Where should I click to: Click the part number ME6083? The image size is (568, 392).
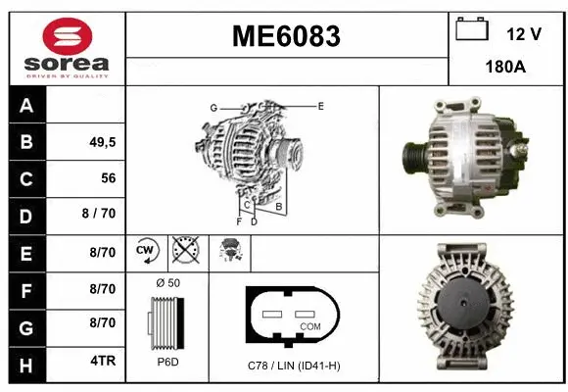click(286, 37)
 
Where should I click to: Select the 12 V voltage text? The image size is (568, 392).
click(524, 33)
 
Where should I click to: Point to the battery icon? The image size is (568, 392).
click(472, 30)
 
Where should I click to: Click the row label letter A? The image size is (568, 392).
click(26, 106)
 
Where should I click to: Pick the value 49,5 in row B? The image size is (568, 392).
click(103, 141)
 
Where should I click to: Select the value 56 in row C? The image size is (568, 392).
click(108, 178)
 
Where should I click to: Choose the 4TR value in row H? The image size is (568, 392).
click(103, 362)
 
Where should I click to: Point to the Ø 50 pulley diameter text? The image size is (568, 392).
click(167, 283)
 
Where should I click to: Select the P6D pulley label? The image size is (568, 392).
click(167, 362)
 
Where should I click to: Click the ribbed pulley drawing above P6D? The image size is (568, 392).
click(165, 321)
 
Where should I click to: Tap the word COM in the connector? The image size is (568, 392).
click(309, 326)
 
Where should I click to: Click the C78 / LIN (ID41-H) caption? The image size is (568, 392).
click(294, 365)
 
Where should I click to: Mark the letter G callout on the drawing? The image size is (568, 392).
click(213, 107)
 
